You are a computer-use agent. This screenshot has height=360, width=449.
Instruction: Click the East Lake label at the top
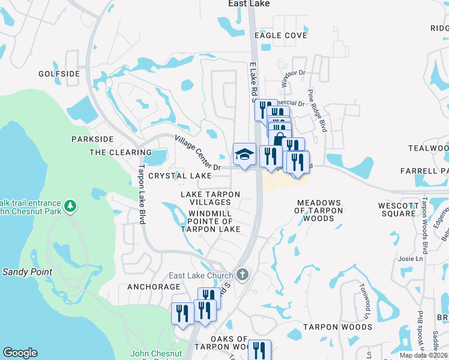tap(249, 4)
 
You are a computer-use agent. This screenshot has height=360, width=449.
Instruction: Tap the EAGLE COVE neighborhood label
tap(280, 35)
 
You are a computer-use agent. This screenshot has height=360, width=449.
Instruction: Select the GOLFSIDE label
tap(59, 74)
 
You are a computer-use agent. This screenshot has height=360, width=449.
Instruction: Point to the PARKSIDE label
tap(92, 139)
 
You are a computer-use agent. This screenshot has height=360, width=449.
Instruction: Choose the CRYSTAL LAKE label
tap(180, 176)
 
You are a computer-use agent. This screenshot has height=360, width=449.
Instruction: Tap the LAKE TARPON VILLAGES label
tap(211, 199)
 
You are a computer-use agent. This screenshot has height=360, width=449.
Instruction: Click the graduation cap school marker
tap(244, 154)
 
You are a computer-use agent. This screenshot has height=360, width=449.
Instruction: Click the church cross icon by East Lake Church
tap(243, 275)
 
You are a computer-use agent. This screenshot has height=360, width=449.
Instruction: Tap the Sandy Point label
tap(27, 272)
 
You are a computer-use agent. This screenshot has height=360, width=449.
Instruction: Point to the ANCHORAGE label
tap(154, 287)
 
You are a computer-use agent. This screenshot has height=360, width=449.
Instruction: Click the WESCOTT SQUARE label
tap(397, 209)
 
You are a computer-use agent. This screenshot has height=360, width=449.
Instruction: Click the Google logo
tap(20, 353)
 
